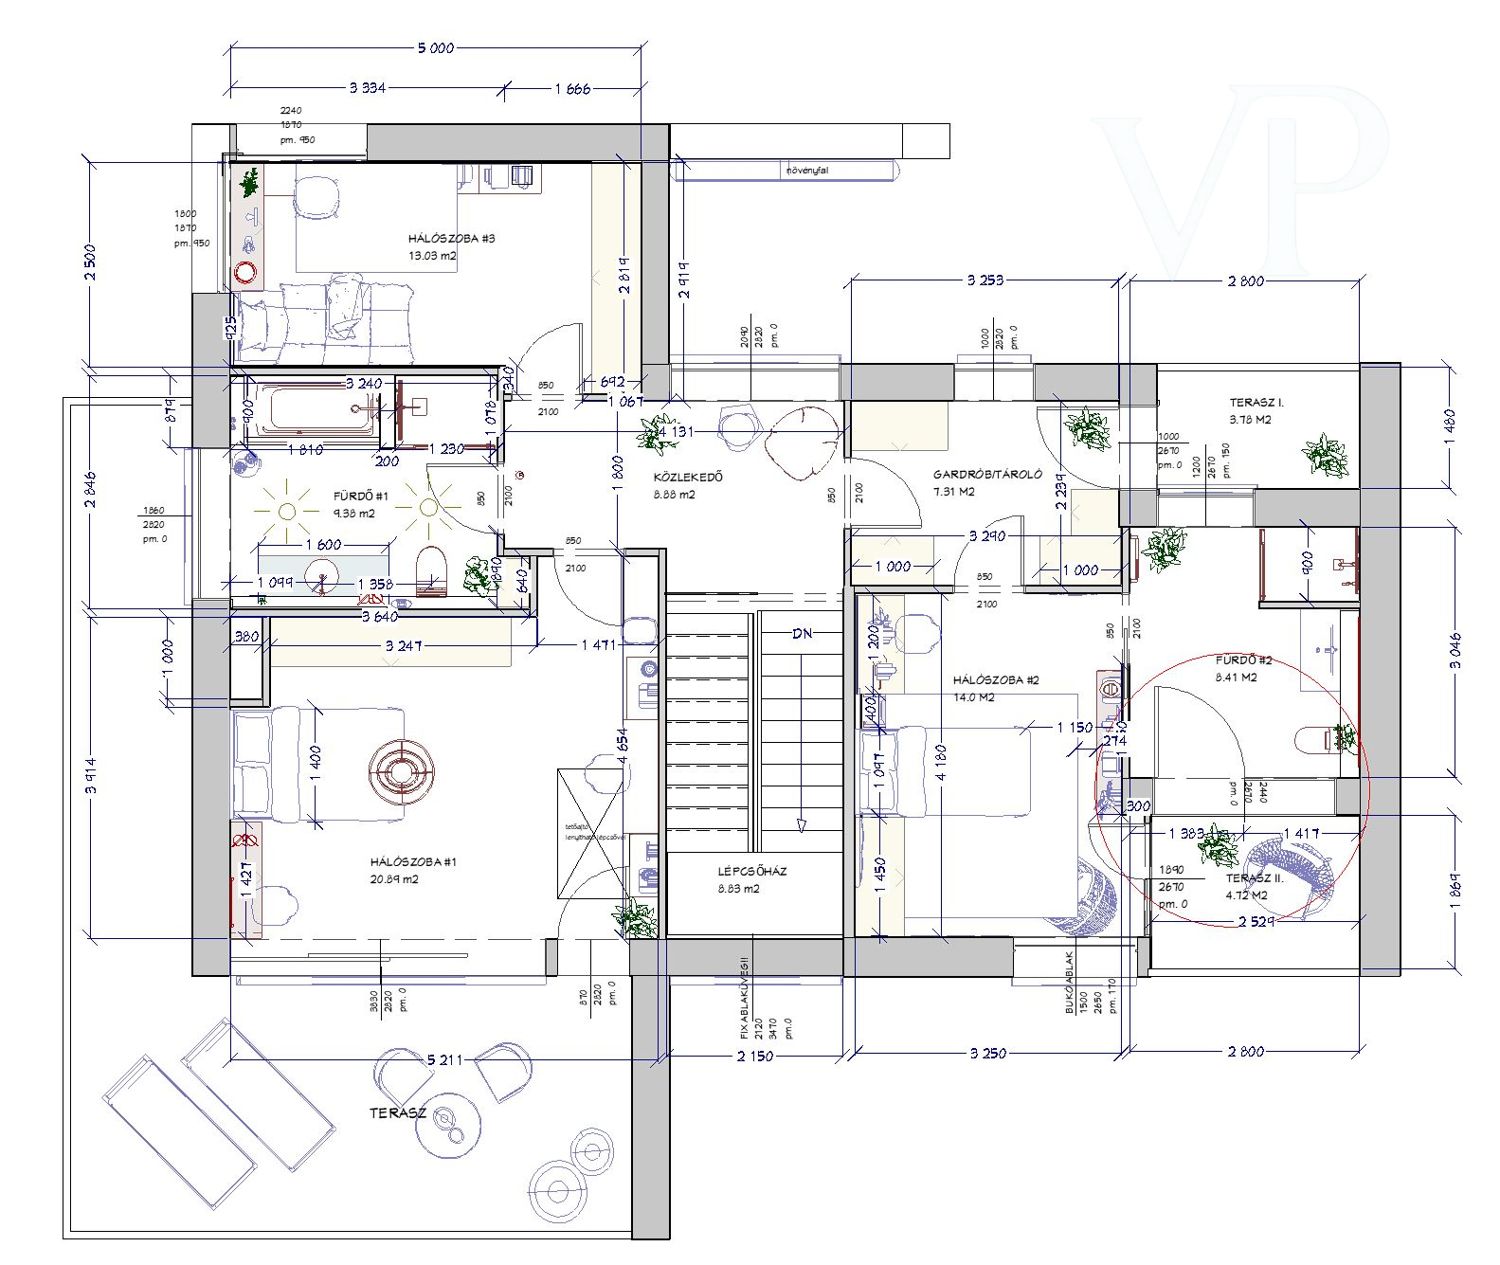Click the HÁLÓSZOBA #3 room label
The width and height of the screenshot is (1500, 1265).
coord(451,239)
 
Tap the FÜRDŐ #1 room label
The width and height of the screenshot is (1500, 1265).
coord(360,496)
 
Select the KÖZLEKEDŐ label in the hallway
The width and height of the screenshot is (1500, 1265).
coord(687,477)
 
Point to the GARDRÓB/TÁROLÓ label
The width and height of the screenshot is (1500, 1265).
coord(987,475)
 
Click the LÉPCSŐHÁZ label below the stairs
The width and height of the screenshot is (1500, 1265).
coord(752,871)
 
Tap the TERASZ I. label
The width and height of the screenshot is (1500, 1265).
coord(1256,403)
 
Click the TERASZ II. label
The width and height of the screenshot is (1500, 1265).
coord(1254,879)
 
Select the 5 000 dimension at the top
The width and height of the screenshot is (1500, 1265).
coord(435,47)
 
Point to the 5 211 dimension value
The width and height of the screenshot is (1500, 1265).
coord(443,1060)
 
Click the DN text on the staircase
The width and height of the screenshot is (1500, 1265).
coord(802,634)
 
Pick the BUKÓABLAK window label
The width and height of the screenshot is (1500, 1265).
coord(1069,990)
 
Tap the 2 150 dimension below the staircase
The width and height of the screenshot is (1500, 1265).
coord(754,1055)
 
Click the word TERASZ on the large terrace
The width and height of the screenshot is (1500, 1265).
coord(398,1113)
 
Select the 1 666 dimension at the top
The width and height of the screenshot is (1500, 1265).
coord(573,88)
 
